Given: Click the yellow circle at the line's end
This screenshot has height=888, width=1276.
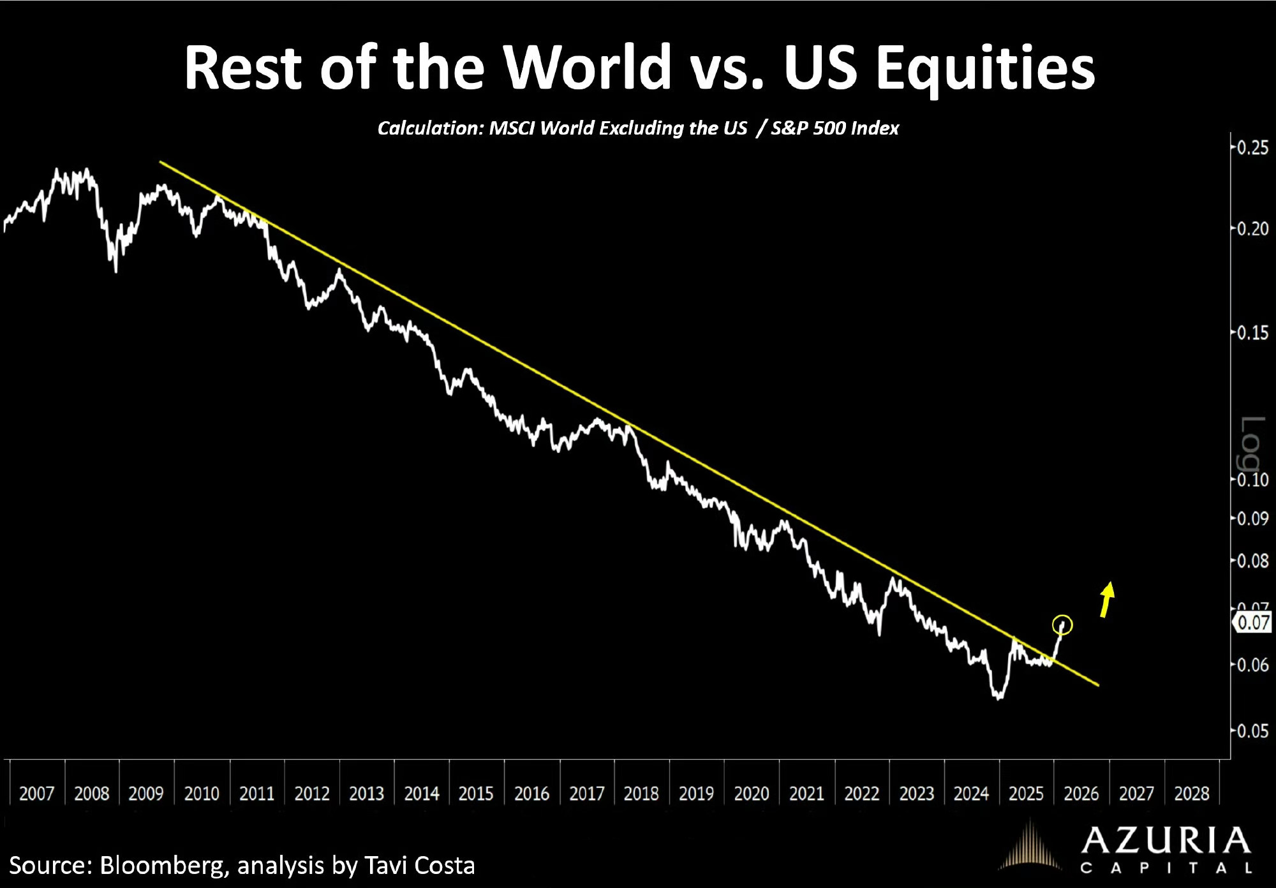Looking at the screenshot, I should tap(1062, 625).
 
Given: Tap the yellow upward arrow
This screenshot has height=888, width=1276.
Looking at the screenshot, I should tap(1106, 599).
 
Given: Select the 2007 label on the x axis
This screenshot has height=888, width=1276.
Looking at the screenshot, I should tap(36, 794).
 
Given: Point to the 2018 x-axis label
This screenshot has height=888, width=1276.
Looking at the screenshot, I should tap(641, 794).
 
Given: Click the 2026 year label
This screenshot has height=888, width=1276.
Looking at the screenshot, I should tap(1081, 794).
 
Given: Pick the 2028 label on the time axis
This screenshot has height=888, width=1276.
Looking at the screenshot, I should tap(1192, 794).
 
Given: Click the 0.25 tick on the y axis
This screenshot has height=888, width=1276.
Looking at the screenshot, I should tap(1252, 148).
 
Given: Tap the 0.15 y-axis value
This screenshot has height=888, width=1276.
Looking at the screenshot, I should tap(1252, 333).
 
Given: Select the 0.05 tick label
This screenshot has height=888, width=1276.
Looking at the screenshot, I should tap(1252, 731).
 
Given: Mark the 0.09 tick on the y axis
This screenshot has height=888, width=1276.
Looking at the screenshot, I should tap(1252, 519).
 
